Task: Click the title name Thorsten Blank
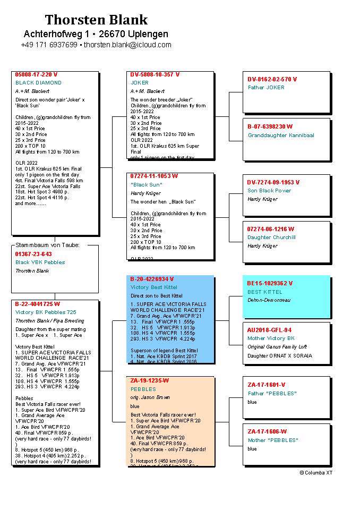click(x=96, y=20)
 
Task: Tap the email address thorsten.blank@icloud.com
click(x=127, y=45)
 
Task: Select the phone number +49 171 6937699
click(x=49, y=45)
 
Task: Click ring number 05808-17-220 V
click(x=37, y=74)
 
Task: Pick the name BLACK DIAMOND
click(x=38, y=83)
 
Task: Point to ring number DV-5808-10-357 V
click(x=155, y=74)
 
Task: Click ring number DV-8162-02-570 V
click(x=272, y=79)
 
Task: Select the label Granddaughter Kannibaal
click(x=281, y=135)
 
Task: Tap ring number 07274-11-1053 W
click(x=154, y=176)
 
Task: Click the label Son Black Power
click(x=269, y=191)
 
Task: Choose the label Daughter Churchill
click(x=271, y=237)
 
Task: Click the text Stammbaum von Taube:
click(x=47, y=245)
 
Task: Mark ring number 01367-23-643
click(x=33, y=254)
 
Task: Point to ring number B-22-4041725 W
click(x=38, y=304)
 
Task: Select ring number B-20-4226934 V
click(x=152, y=279)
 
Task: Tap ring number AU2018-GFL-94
click(x=269, y=330)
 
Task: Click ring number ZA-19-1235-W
click(x=149, y=380)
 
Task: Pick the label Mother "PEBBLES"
click(x=273, y=440)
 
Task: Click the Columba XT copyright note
click(x=316, y=472)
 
